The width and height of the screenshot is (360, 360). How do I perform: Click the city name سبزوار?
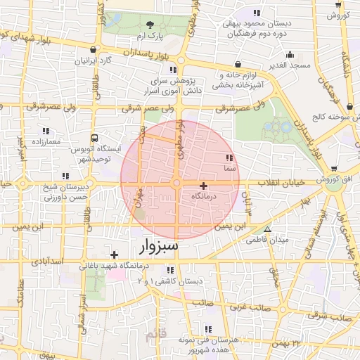point(155,247)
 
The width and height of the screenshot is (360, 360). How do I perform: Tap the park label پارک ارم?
point(150,35)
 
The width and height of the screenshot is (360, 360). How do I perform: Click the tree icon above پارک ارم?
point(149,25)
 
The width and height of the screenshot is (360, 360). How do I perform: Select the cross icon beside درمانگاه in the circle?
point(204,186)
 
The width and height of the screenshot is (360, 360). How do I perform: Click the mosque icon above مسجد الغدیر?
point(289,55)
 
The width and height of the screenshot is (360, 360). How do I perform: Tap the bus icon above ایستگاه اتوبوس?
point(94,139)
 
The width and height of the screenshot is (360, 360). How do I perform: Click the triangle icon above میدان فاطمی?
point(267,230)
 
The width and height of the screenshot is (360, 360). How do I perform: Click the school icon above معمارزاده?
point(46,131)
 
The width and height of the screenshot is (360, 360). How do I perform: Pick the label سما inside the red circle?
point(229,168)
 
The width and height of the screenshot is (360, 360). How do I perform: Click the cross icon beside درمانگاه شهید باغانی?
point(114,255)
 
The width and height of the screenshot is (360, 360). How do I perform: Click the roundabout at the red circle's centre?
point(178,184)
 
